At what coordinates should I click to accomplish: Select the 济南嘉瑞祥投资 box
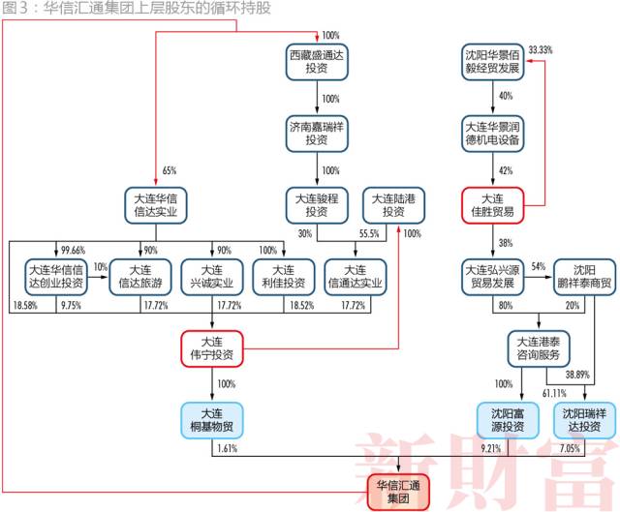(x=317, y=134)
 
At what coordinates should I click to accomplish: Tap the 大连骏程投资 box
(x=317, y=204)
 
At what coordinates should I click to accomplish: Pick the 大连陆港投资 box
(x=392, y=204)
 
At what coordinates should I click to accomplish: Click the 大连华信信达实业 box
(x=156, y=205)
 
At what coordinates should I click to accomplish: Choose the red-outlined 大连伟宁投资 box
(x=212, y=347)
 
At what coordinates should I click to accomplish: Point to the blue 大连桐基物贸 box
(x=212, y=418)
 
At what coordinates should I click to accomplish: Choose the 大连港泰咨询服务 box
(x=539, y=347)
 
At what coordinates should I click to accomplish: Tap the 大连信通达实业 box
(x=355, y=276)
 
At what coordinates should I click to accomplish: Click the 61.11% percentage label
(x=554, y=392)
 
